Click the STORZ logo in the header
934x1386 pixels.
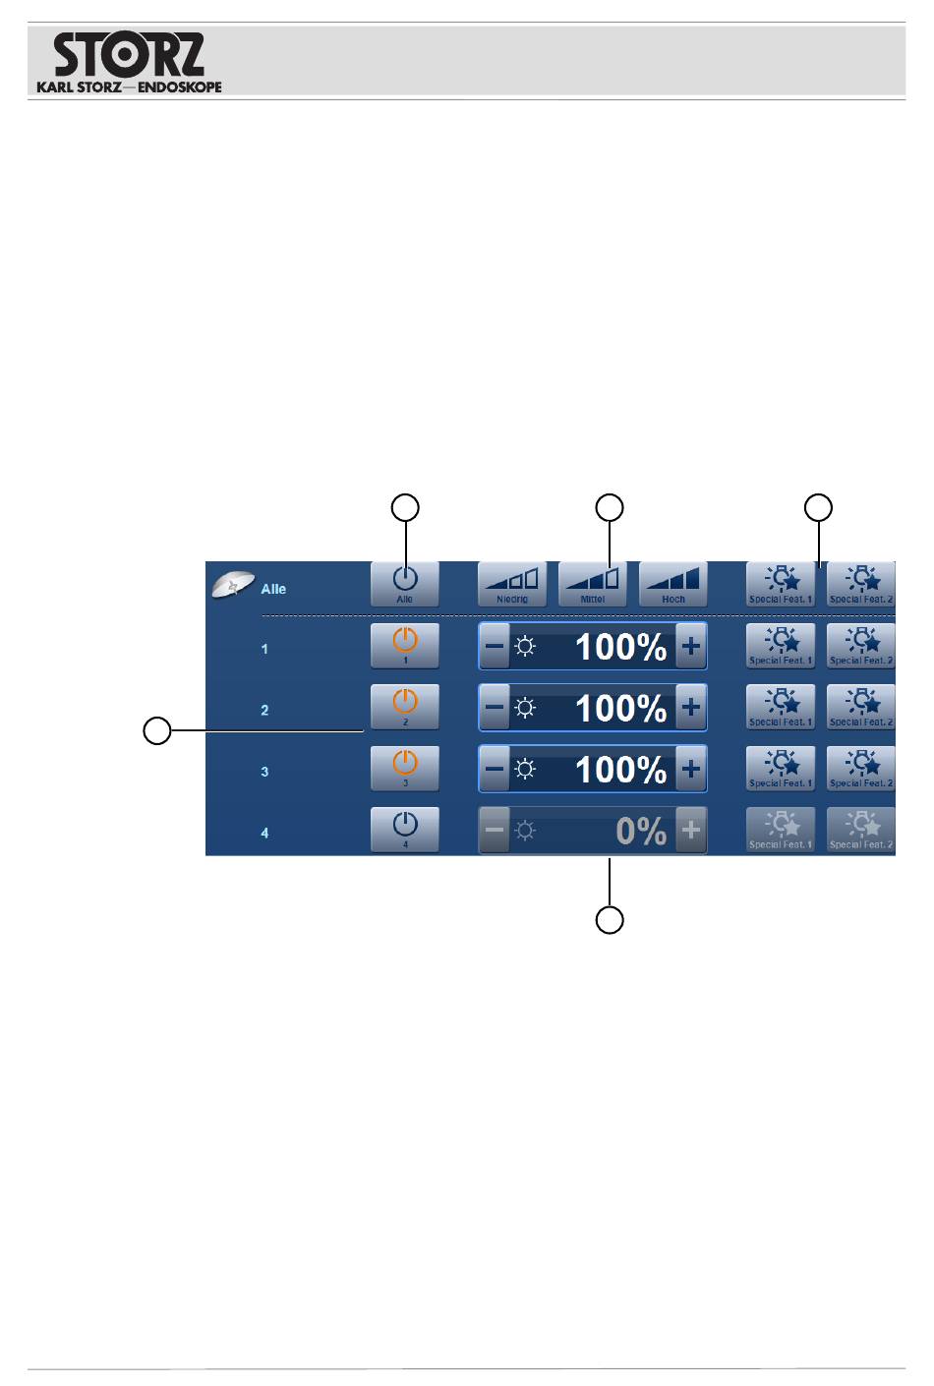point(129,62)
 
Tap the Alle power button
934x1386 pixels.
point(405,584)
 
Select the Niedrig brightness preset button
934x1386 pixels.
point(512,584)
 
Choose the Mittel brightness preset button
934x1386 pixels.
point(593,584)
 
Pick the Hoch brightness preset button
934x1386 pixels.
point(673,584)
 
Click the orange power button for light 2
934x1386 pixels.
point(405,707)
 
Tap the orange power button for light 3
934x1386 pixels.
point(405,768)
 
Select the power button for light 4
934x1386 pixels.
point(405,829)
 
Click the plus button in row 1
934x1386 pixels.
point(691,647)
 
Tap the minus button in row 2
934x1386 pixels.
point(495,708)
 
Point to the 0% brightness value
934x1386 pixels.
point(641,832)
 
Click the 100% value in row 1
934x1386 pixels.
point(620,647)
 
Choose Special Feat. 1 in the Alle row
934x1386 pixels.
point(781,584)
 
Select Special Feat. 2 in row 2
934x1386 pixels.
point(861,707)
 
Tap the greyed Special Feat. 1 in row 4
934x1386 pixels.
point(781,829)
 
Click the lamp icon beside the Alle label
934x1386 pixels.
point(233,584)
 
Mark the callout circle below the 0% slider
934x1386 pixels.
point(610,920)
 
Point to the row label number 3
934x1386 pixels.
point(264,772)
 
